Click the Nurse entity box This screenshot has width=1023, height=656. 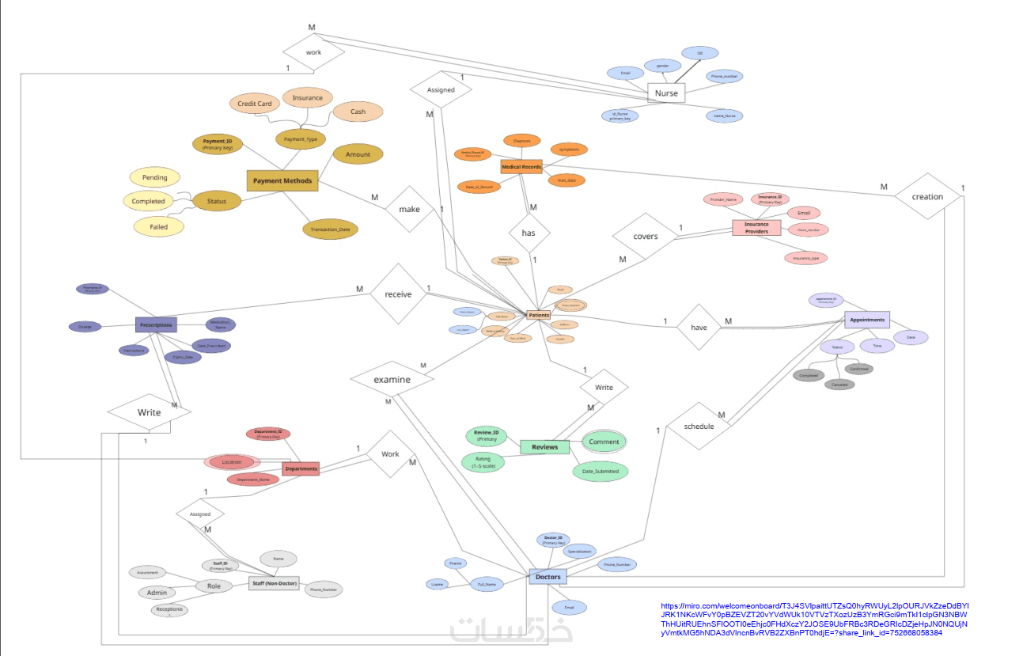(665, 93)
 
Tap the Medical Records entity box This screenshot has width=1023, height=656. (521, 167)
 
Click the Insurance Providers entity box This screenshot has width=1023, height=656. (756, 228)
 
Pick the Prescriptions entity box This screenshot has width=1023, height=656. (156, 324)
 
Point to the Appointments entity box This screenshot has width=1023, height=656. (866, 320)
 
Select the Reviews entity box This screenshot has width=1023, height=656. (544, 447)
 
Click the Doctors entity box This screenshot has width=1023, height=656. (547, 577)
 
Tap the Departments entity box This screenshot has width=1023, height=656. (301, 468)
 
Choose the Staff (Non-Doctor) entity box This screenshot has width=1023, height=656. (274, 583)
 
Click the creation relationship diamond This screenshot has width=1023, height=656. (927, 196)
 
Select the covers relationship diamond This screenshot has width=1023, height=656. (646, 236)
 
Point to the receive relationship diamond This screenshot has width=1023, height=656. (398, 294)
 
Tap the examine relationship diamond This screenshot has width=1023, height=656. (392, 379)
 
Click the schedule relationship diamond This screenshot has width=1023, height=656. (699, 426)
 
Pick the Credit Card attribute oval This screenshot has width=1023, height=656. (255, 104)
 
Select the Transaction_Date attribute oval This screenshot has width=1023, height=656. (330, 229)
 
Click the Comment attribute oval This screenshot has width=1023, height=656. (604, 442)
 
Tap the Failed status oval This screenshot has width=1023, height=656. (158, 226)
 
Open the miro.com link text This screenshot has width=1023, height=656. (813, 619)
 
